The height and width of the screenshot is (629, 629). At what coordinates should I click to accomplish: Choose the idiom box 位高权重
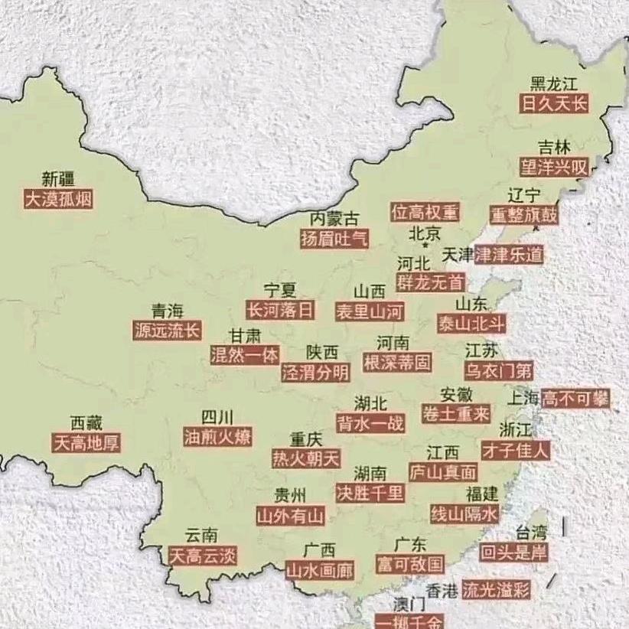(x=425, y=212)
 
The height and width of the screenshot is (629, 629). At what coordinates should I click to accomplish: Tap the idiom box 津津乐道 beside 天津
(x=509, y=254)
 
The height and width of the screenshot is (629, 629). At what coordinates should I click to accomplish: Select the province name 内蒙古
(x=334, y=218)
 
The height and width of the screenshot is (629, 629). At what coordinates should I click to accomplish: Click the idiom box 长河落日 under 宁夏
(x=279, y=310)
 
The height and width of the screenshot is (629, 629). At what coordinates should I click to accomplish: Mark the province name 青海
(x=168, y=310)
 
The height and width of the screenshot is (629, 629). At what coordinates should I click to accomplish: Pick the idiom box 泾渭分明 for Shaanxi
(x=314, y=373)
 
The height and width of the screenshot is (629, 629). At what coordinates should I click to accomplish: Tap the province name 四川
(x=217, y=417)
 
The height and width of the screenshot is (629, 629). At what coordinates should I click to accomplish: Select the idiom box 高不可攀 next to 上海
(x=575, y=398)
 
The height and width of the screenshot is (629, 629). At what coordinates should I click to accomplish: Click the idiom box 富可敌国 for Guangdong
(x=410, y=565)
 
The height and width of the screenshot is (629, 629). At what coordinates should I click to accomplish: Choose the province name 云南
(x=201, y=535)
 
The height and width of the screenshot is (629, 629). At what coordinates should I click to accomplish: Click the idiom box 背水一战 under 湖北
(x=370, y=422)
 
